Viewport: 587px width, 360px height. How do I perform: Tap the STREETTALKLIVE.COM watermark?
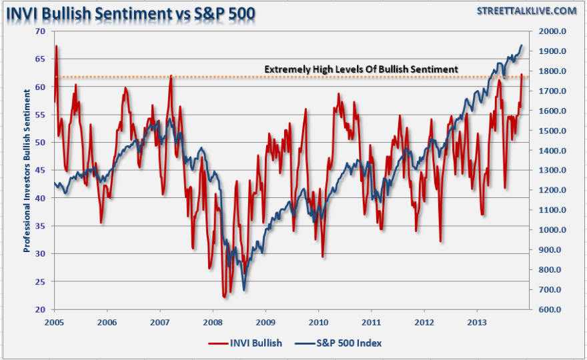tap(527, 10)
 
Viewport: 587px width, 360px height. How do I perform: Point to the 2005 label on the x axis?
tap(54, 321)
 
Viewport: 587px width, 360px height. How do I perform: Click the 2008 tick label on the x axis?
tap(213, 321)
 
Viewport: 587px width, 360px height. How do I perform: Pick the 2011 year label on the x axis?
tap(372, 321)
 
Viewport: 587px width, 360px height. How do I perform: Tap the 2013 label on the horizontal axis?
tap(477, 321)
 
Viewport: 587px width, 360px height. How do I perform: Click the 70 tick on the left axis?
tap(41, 31)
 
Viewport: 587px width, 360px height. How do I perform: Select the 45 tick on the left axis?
tap(41, 170)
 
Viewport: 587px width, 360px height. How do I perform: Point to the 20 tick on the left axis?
tap(41, 309)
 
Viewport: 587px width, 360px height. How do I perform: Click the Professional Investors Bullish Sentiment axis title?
tap(27, 170)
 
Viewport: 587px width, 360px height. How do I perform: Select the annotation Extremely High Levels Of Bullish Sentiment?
tap(361, 69)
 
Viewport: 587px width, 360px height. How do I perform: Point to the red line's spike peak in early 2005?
tap(57, 46)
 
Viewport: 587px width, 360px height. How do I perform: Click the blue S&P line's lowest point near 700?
tap(243, 289)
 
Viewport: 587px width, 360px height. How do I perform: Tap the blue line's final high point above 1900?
tap(522, 45)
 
